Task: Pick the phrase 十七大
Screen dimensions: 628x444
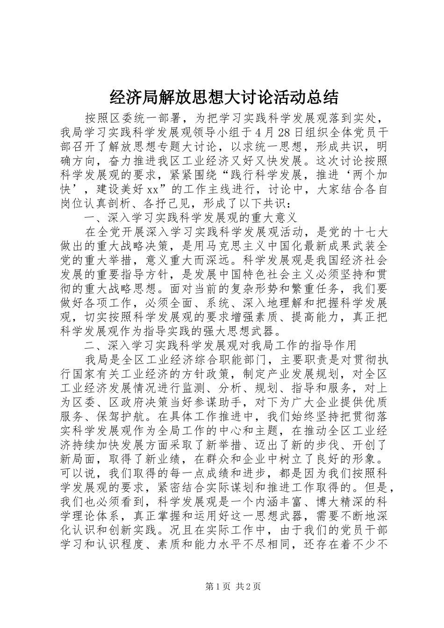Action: (x=370, y=231)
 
